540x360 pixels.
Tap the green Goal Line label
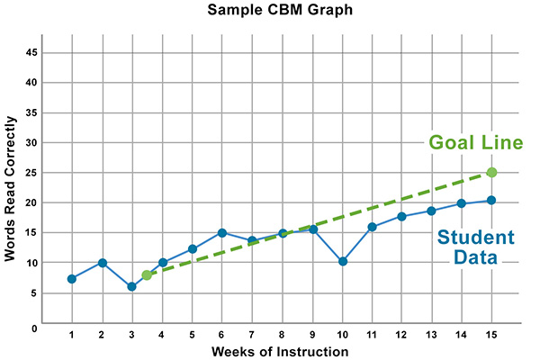[x=475, y=143]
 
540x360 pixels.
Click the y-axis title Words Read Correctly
[x=11, y=186]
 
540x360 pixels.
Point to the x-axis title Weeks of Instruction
[x=281, y=351]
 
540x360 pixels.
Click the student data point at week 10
[x=342, y=261]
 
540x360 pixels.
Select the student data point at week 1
[x=71, y=279]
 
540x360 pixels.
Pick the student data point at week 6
[x=221, y=233]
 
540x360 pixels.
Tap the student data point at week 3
[x=131, y=286]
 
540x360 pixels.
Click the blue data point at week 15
[x=491, y=200]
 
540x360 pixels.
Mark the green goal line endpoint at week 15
[x=491, y=172]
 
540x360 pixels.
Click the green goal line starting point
[x=147, y=274]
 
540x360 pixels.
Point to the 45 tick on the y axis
[x=31, y=52]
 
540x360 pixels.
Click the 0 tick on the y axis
[x=34, y=328]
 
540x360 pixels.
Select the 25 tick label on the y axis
[x=31, y=173]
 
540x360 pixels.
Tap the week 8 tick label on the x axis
[x=282, y=335]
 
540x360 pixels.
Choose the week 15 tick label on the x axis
[x=491, y=335]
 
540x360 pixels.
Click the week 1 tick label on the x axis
[x=71, y=335]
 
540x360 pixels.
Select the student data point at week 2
[x=102, y=263]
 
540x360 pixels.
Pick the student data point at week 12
[x=401, y=216]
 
